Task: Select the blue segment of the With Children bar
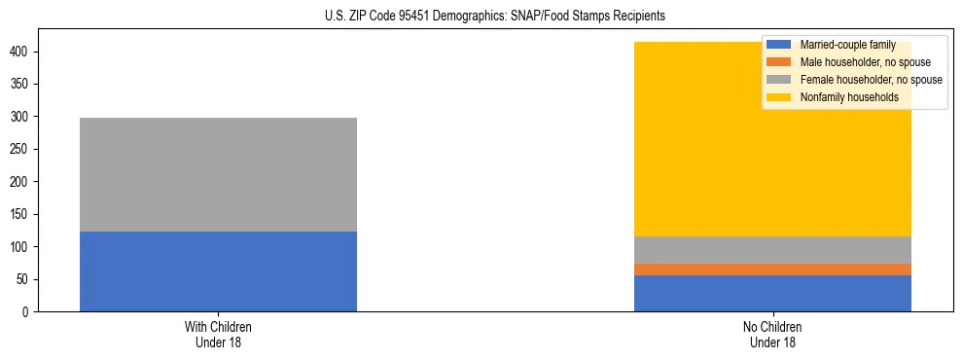click(x=218, y=271)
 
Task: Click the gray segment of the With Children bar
click(x=218, y=174)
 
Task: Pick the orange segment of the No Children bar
click(x=772, y=270)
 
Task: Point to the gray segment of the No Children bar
click(x=772, y=250)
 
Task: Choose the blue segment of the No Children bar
click(x=772, y=293)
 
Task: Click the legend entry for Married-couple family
click(x=847, y=45)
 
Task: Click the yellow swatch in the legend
click(x=779, y=97)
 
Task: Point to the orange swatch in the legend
click(x=779, y=62)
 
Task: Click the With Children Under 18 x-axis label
click(x=218, y=335)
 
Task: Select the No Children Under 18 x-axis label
click(x=772, y=335)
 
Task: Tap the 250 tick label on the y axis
click(x=20, y=149)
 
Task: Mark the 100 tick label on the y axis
click(x=20, y=247)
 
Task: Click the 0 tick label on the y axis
click(x=26, y=312)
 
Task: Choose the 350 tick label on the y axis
click(x=20, y=85)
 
